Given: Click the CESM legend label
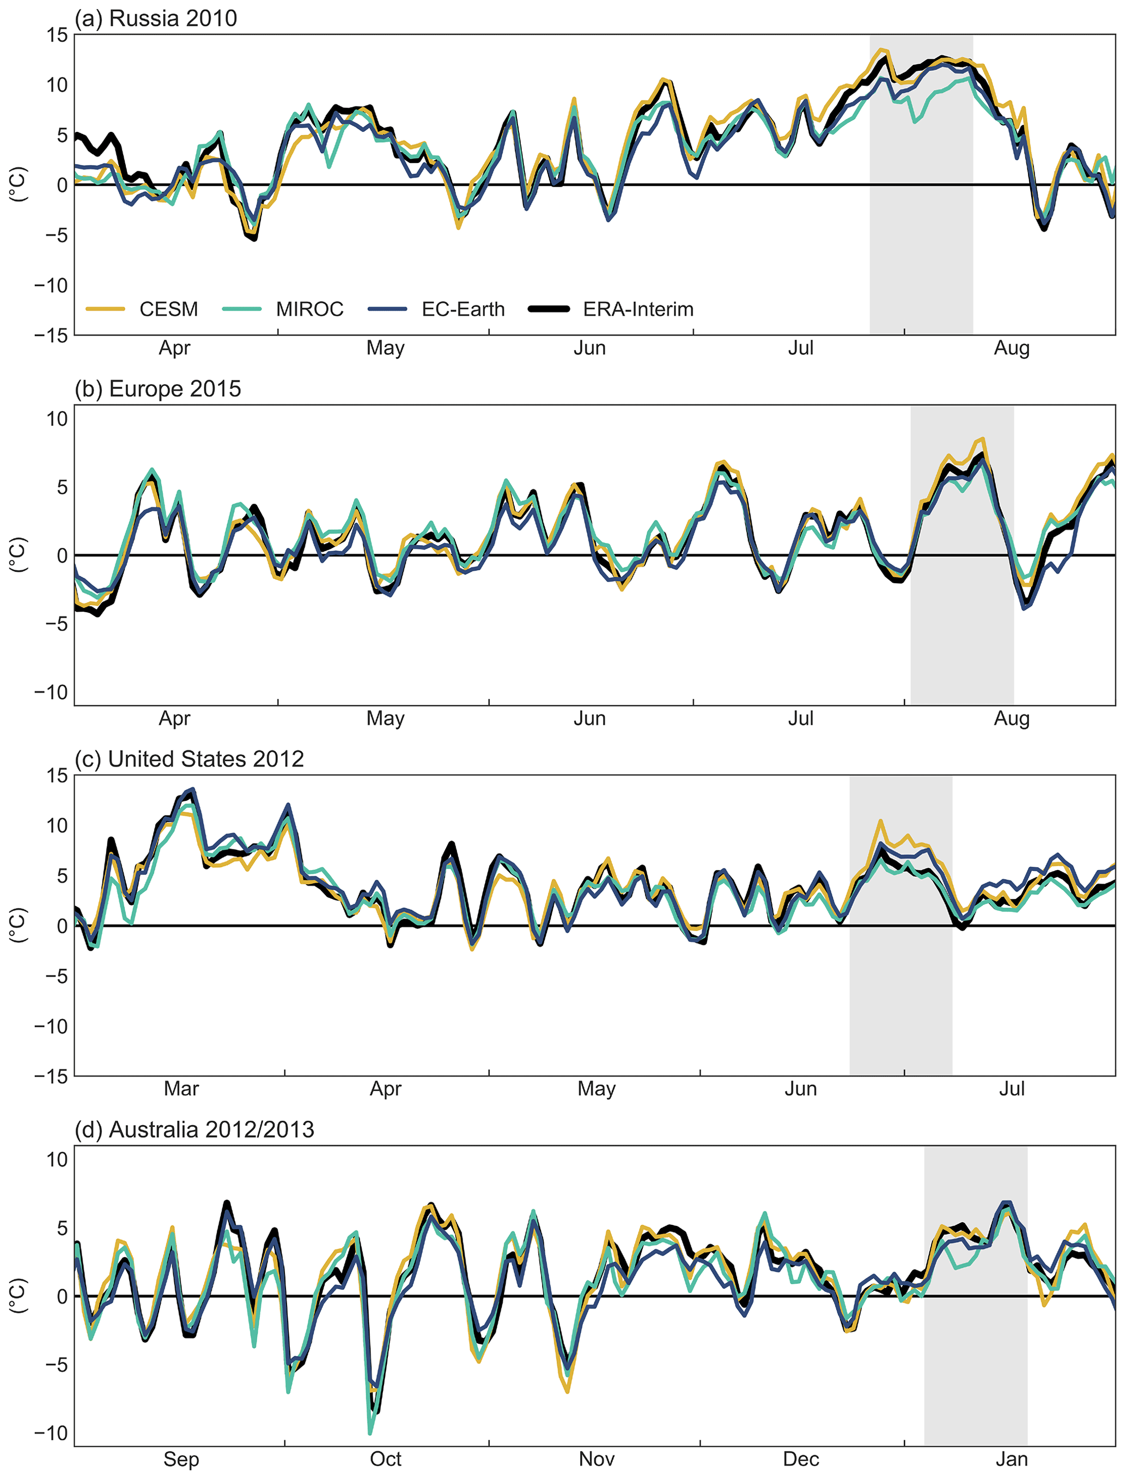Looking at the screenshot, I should (x=168, y=309).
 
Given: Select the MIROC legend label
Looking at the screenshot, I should (x=309, y=309).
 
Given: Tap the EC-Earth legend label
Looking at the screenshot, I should (x=463, y=309).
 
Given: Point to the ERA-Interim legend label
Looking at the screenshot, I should (x=638, y=309).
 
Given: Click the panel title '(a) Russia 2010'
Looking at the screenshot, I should (x=156, y=18).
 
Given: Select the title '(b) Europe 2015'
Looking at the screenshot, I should (x=158, y=389).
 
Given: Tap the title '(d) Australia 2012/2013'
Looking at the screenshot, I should (x=194, y=1129).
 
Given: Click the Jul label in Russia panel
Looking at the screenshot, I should (x=800, y=348).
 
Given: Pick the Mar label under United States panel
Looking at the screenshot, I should (x=181, y=1089).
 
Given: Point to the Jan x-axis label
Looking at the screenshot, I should (x=1012, y=1459).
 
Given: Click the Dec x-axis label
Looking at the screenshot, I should (x=800, y=1459).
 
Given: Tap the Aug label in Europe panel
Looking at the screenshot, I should (x=1012, y=718).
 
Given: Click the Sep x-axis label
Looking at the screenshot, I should (x=181, y=1459).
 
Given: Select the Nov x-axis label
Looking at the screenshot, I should (x=597, y=1459).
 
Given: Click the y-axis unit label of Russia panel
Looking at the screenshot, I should (x=18, y=184).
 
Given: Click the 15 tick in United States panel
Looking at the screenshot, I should (x=58, y=775).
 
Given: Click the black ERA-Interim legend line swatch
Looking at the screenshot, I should (x=549, y=309).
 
